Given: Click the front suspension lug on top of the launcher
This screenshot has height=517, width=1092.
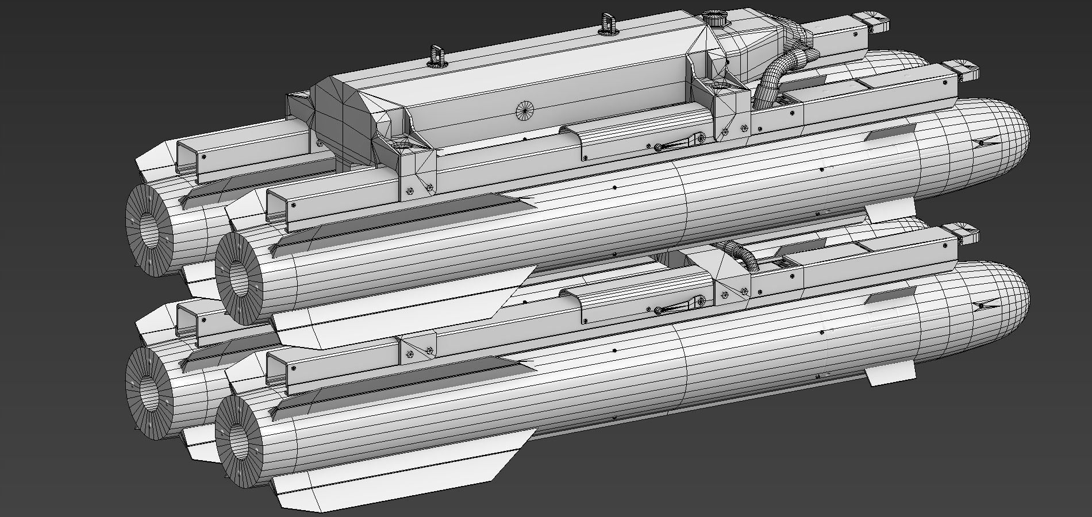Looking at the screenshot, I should (x=606, y=23).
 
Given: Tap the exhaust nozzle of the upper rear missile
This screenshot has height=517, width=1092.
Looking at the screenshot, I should (x=148, y=224).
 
